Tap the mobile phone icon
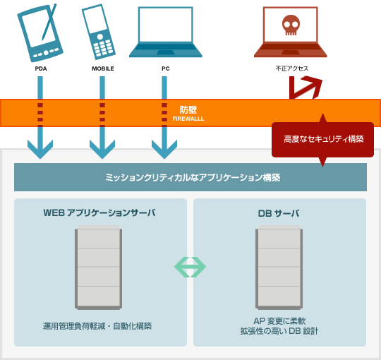pyautogui.click(x=98, y=32)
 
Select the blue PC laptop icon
pyautogui.click(x=166, y=32)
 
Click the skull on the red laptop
pyautogui.click(x=291, y=25)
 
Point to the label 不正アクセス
pyautogui.click(x=292, y=68)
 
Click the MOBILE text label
pyautogui.click(x=103, y=68)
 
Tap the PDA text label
pyautogui.click(x=41, y=68)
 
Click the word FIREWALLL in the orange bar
pyautogui.click(x=188, y=119)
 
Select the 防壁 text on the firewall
pyautogui.click(x=188, y=110)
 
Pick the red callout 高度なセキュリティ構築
pyautogui.click(x=322, y=140)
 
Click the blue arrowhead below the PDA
pyautogui.click(x=40, y=149)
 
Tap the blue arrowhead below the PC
pyautogui.click(x=164, y=149)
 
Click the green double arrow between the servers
pyautogui.click(x=190, y=267)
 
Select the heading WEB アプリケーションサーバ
pyautogui.click(x=99, y=212)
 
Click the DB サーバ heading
pyautogui.click(x=279, y=213)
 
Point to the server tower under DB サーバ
pyautogui.click(x=279, y=268)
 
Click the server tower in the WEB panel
pyautogui.click(x=98, y=268)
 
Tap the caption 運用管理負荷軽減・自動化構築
pyautogui.click(x=97, y=326)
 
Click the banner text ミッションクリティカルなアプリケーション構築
pyautogui.click(x=193, y=177)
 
